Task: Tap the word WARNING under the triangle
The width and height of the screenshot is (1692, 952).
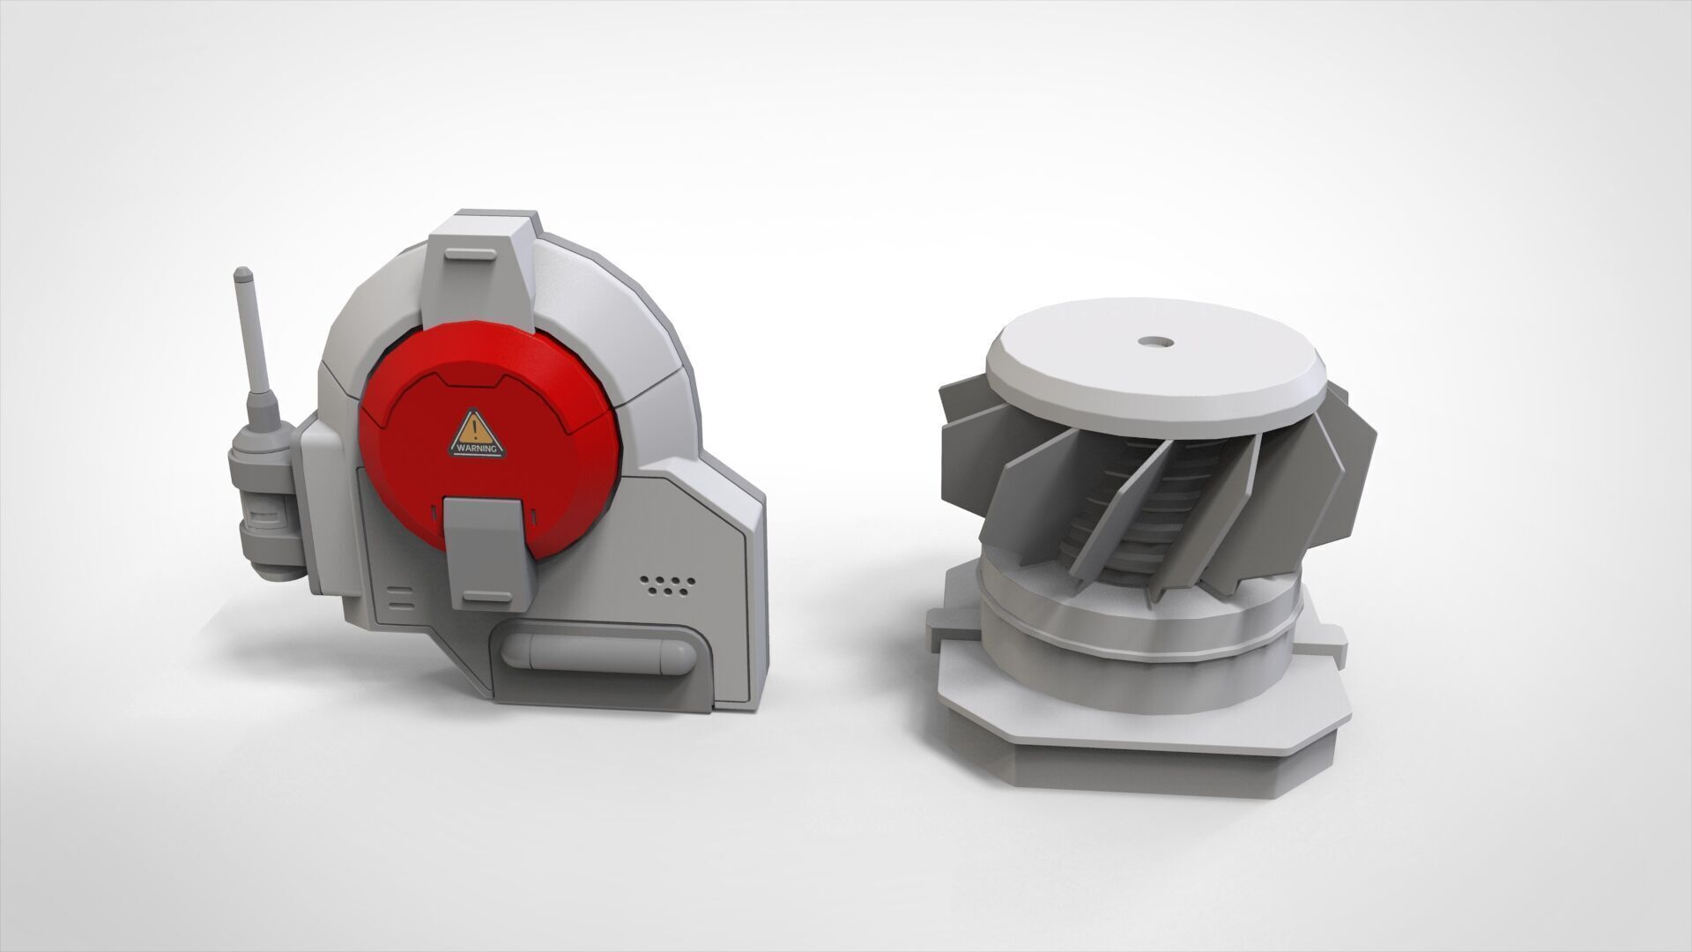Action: tap(477, 449)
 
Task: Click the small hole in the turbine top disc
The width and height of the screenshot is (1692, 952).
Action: tap(1150, 340)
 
